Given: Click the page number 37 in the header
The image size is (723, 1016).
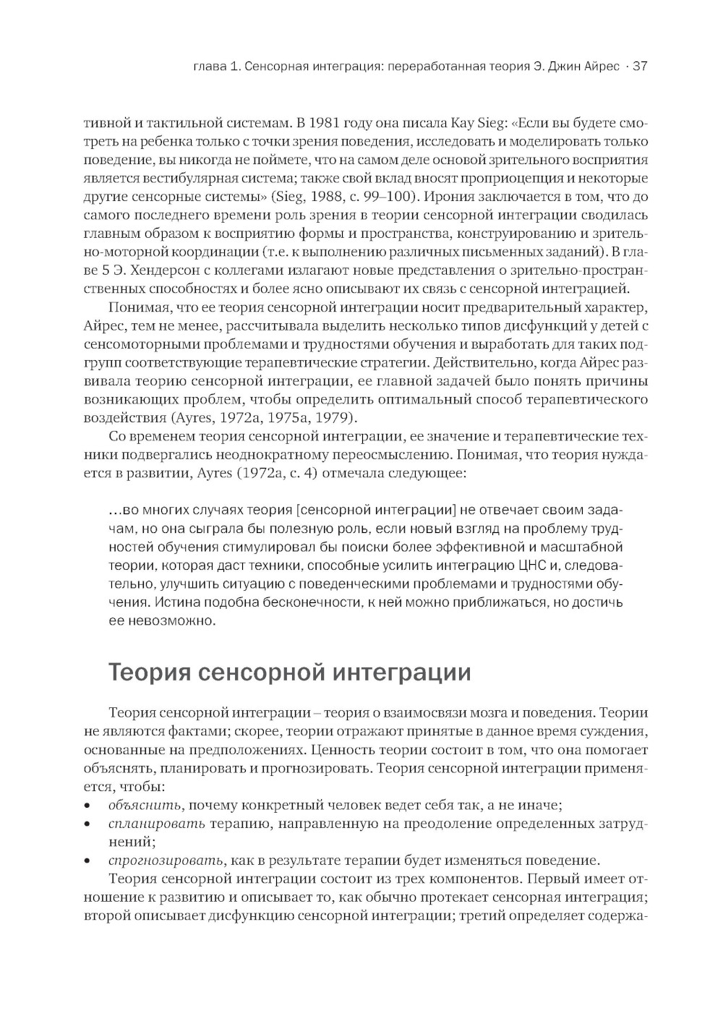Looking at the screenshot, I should [x=639, y=67].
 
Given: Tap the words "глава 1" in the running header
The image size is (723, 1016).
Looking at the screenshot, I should [x=214, y=67].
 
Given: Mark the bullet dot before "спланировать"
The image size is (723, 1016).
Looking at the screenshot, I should [x=87, y=824].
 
